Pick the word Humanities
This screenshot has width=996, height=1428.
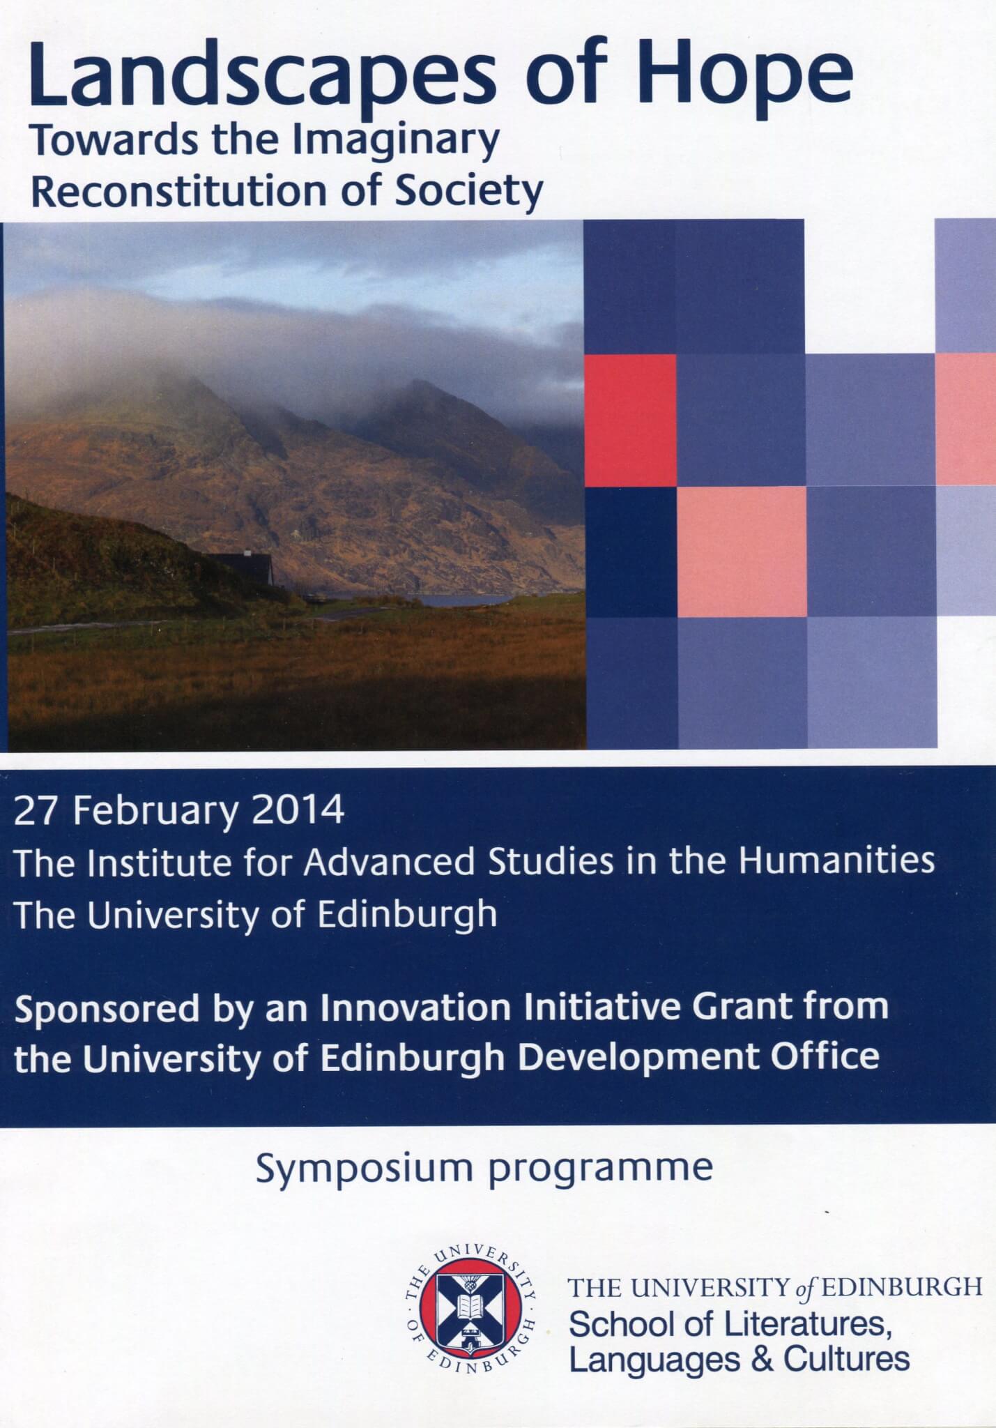pos(836,861)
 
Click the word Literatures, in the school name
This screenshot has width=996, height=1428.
pos(806,1323)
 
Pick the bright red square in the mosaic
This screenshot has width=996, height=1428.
pos(630,420)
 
